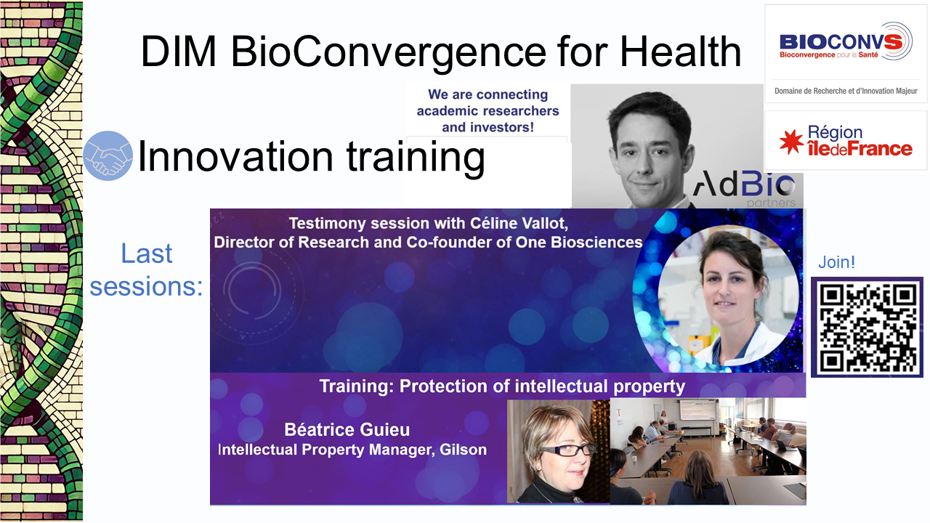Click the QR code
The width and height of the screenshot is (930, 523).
click(x=868, y=328)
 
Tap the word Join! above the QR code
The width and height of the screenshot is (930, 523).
click(x=836, y=262)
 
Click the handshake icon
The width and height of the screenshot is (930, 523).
click(x=108, y=155)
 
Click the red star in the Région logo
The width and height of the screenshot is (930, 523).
click(x=791, y=142)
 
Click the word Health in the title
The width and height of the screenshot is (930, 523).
click(x=681, y=52)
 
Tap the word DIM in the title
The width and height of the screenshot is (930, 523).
click(x=179, y=52)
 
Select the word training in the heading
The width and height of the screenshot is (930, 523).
click(x=416, y=157)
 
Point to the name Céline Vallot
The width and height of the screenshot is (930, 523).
click(x=519, y=223)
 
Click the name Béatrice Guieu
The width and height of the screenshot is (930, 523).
click(x=347, y=429)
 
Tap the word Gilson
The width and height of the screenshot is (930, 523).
click(x=463, y=450)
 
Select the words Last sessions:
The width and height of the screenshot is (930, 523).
click(x=147, y=269)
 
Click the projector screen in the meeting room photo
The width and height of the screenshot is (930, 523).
click(x=698, y=410)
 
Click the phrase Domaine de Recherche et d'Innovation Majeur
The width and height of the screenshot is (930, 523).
click(x=846, y=91)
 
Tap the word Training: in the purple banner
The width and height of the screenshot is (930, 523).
click(x=356, y=386)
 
